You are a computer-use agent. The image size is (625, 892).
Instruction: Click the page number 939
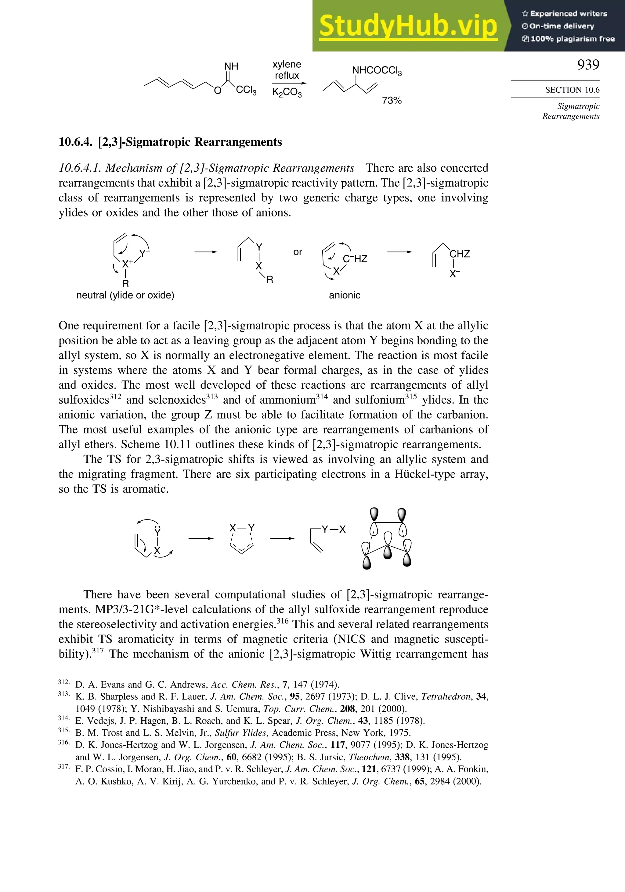[x=588, y=65]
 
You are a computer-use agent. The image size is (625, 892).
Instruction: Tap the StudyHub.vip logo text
[x=408, y=26]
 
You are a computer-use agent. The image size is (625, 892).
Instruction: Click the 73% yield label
[x=391, y=100]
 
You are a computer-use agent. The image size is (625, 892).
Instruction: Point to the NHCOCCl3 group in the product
[x=377, y=70]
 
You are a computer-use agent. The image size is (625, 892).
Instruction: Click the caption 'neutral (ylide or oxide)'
[x=125, y=295]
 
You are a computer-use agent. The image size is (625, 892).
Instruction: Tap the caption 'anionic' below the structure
[x=344, y=295]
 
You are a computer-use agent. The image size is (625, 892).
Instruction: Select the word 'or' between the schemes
[x=298, y=252]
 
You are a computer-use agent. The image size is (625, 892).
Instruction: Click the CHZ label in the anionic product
[x=460, y=254]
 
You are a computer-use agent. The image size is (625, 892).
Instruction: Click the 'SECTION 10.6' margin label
[x=572, y=90]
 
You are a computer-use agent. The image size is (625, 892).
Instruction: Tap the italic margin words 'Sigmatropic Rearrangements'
[x=571, y=111]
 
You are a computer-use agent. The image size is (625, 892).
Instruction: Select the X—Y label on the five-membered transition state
[x=241, y=528]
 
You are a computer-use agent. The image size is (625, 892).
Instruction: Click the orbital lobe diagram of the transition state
[x=387, y=539]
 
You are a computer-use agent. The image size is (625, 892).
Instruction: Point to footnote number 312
[x=63, y=682]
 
